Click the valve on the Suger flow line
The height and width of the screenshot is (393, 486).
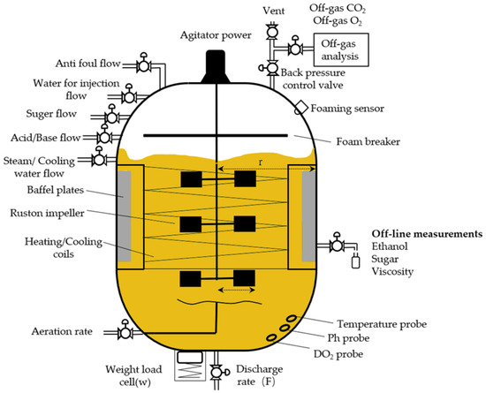112,117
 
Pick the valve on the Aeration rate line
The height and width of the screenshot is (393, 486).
125,332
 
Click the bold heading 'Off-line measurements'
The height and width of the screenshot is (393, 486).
427,234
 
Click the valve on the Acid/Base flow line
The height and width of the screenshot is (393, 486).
103,138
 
